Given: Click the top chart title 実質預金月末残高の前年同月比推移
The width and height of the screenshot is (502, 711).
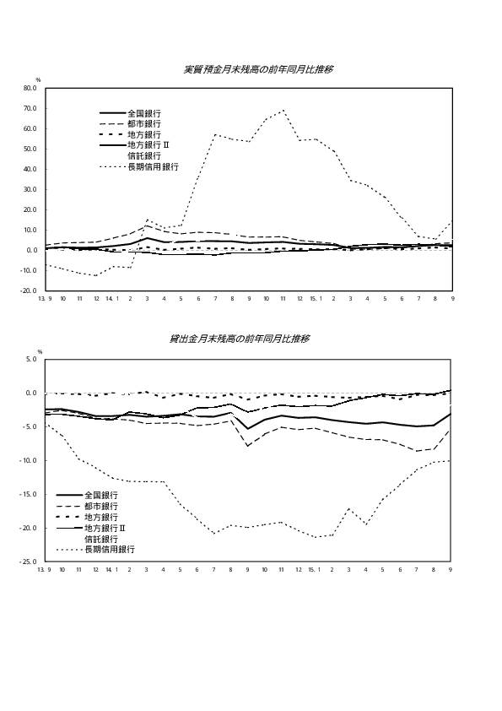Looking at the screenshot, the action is coord(259,69).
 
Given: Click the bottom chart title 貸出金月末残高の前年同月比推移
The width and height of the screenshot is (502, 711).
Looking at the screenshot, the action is coord(240,339).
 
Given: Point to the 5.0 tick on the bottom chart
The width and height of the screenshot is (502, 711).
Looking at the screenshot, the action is coord(31,359).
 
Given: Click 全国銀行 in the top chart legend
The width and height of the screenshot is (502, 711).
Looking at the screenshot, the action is coord(144,113).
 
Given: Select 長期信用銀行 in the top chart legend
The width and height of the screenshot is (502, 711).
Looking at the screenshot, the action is coord(154,167).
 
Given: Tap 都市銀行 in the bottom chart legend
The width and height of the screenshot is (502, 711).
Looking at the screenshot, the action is coord(101,506).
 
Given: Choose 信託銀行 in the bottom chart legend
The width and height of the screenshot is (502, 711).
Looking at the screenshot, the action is coord(101,539).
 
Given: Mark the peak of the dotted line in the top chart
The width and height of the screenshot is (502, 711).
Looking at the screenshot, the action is coord(283,110).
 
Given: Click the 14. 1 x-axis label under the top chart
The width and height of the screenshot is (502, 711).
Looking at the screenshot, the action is coord(112,299).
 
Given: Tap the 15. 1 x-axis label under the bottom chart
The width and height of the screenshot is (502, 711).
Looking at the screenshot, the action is coord(315,569).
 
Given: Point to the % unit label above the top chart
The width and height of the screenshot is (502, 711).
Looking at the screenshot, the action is coord(39,80).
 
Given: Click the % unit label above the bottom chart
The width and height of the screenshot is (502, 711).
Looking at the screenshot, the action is coord(40,352).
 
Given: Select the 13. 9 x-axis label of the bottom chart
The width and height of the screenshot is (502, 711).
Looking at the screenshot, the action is coord(44,569).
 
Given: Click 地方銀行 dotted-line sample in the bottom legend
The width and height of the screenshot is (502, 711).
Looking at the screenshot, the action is coord(69,518).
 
